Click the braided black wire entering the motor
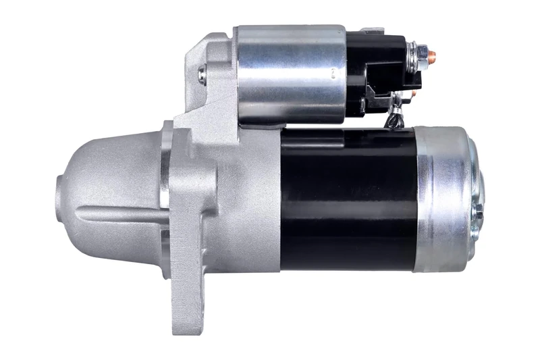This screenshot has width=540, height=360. coord(394,120)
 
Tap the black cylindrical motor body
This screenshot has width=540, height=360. coord(348,199)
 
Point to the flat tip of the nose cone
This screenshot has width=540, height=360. coord(59,196)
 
